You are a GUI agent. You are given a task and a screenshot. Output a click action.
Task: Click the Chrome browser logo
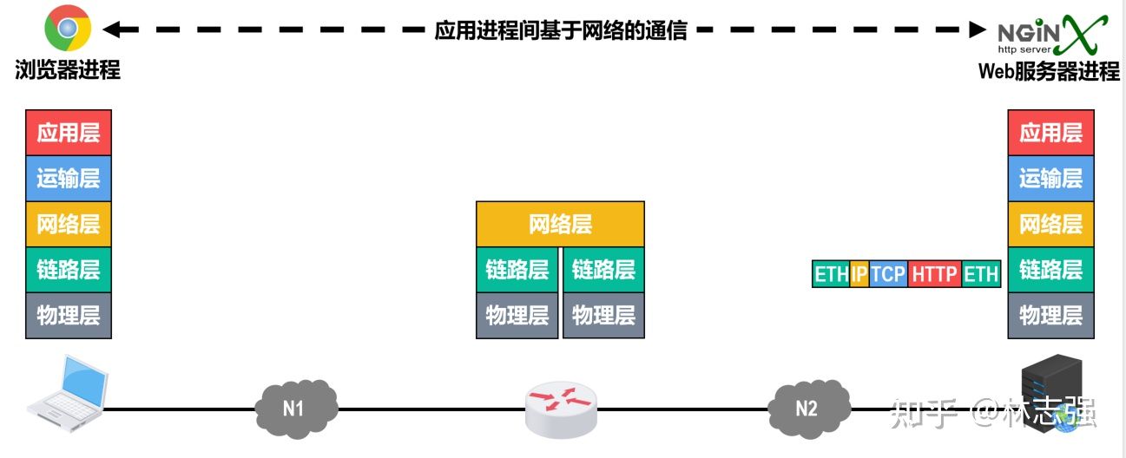(x=67, y=29)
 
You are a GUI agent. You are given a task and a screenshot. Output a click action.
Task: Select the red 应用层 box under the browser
(x=69, y=133)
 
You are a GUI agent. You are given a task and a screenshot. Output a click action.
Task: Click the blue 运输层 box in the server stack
(x=1050, y=179)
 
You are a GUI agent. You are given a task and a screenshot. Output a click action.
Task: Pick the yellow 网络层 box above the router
(x=560, y=225)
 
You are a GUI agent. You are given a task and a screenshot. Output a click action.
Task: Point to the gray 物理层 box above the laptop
(x=69, y=316)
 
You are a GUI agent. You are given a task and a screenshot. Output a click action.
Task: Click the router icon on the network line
(x=562, y=409)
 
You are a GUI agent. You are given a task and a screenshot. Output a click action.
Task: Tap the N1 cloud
(x=295, y=407)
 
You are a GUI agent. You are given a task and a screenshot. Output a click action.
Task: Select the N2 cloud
(x=807, y=407)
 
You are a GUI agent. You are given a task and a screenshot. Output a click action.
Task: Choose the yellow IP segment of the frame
(x=859, y=274)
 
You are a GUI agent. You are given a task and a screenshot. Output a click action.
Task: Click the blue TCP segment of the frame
(x=888, y=274)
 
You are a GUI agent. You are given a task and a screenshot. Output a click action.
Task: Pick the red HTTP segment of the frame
(x=934, y=274)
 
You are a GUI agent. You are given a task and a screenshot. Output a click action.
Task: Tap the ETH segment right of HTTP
(x=981, y=274)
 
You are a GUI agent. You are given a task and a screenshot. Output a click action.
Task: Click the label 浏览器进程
(x=68, y=70)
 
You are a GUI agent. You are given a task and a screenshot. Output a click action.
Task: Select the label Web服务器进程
(x=1049, y=71)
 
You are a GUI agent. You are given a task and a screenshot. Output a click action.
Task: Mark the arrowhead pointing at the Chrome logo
(x=110, y=29)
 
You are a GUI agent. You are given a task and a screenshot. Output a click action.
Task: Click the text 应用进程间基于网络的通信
(x=561, y=30)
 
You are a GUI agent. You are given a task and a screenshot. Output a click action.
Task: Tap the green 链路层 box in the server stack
(x=1050, y=270)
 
